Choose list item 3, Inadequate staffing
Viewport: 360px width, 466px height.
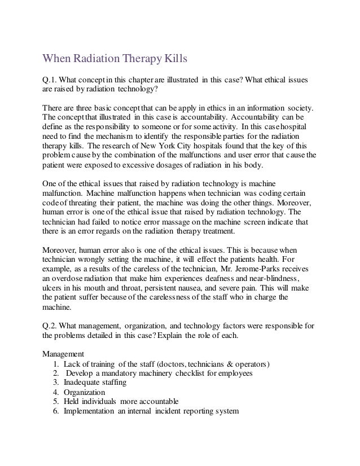95,382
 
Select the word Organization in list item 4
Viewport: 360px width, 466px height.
85,392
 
